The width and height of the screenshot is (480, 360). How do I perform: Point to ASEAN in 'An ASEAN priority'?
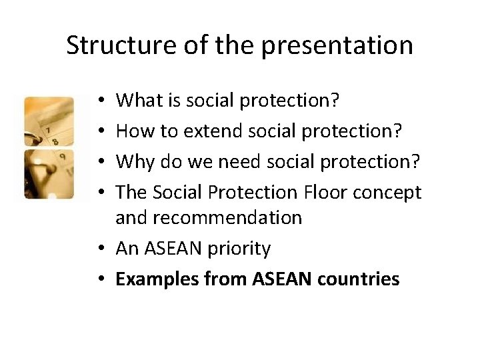(169, 249)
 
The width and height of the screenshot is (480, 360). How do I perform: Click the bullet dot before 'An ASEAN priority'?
(102, 249)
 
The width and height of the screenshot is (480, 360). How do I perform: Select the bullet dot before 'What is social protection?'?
(102, 102)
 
